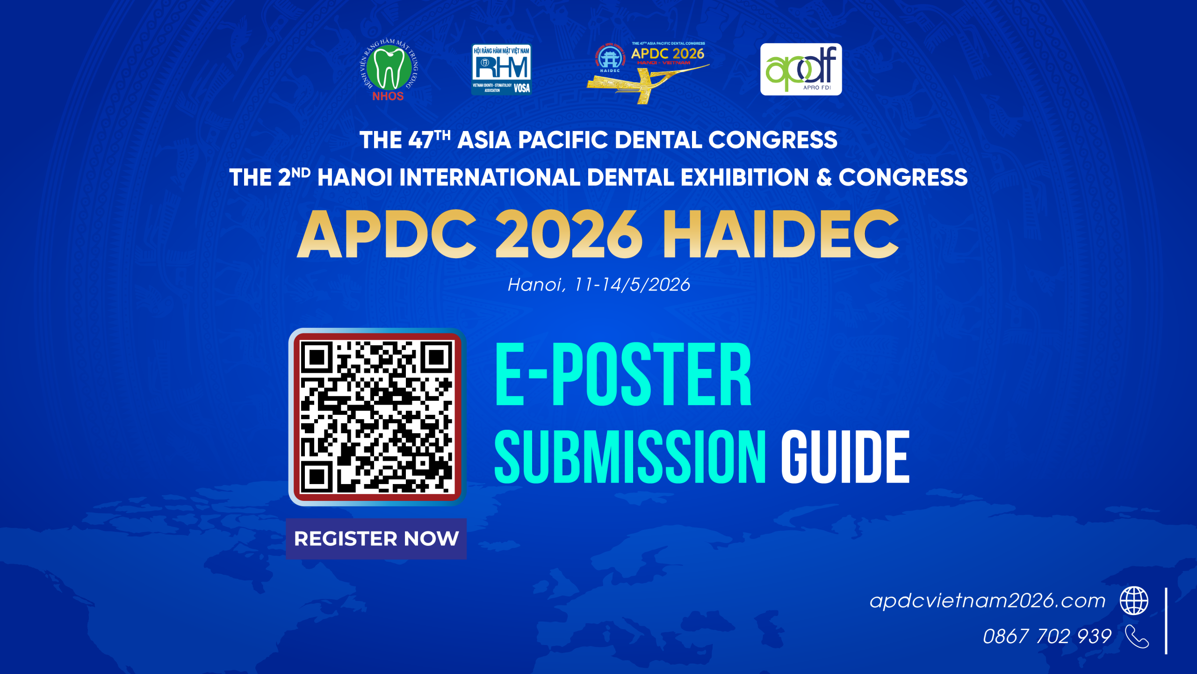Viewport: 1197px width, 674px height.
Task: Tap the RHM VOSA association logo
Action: pyautogui.click(x=501, y=70)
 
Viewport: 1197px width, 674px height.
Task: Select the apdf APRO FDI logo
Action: pyautogui.click(x=800, y=69)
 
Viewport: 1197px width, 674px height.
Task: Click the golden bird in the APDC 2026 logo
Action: pyautogui.click(x=648, y=84)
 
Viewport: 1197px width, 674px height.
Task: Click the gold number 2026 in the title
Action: pyautogui.click(x=568, y=234)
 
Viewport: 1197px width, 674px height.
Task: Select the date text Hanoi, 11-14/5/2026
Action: pyautogui.click(x=598, y=285)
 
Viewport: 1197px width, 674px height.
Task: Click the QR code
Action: pyautogui.click(x=377, y=417)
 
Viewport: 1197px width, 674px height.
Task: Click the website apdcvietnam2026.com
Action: pyautogui.click(x=987, y=601)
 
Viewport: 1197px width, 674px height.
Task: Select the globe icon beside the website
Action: pyautogui.click(x=1134, y=601)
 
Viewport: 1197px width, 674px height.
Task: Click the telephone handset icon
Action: pyautogui.click(x=1137, y=637)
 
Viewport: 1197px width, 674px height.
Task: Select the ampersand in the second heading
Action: pyautogui.click(x=823, y=178)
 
